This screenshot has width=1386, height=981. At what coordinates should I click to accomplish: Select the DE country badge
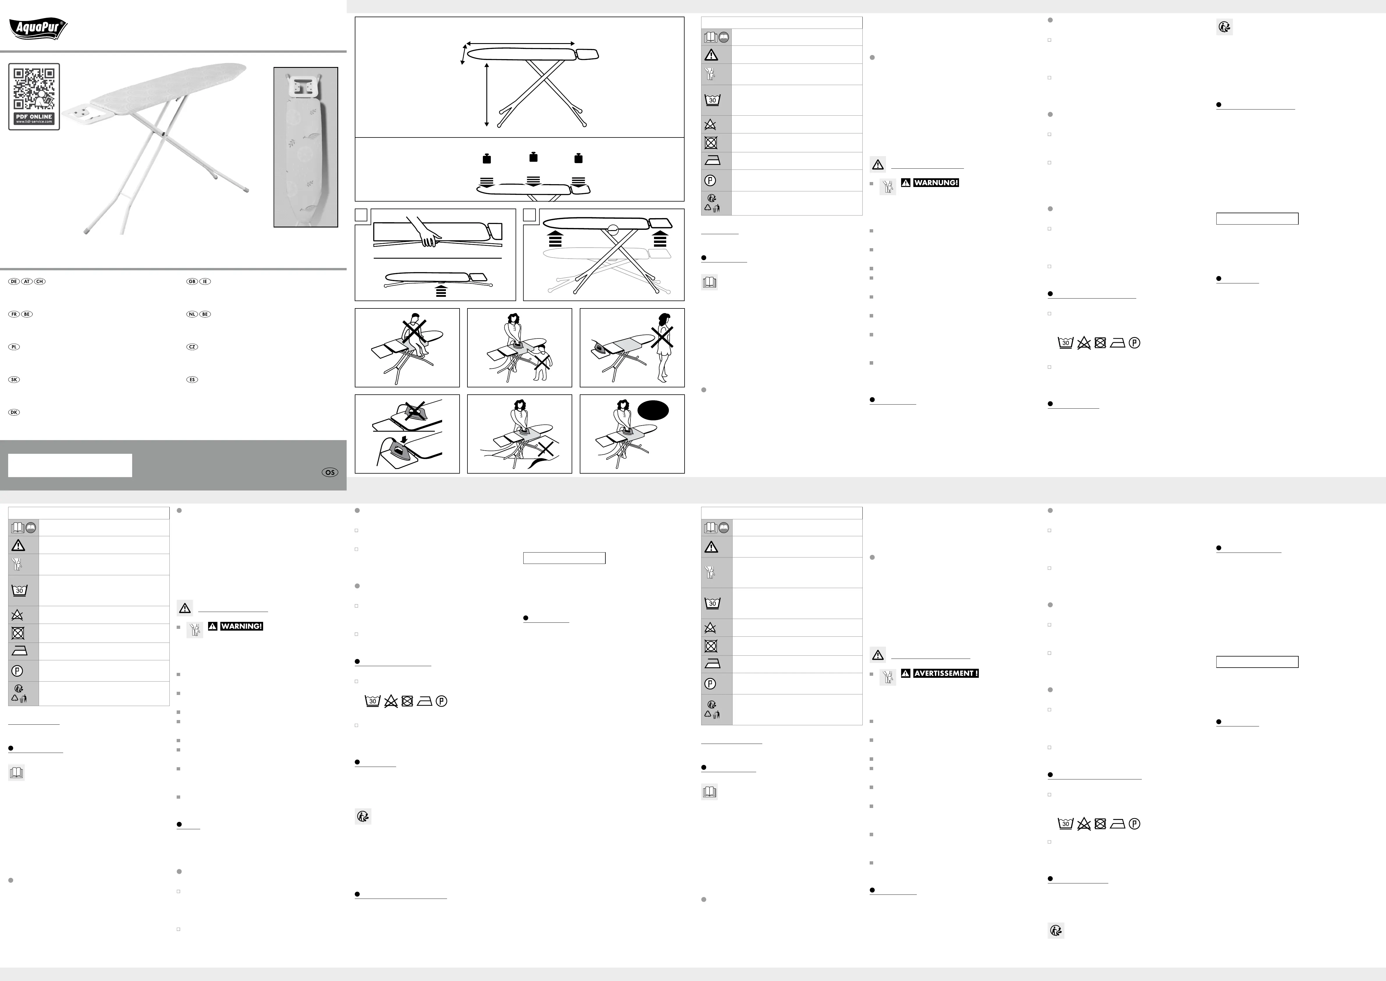coord(14,281)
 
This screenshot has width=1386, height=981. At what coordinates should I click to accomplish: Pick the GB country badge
coord(192,281)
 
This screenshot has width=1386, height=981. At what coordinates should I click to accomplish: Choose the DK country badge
coord(14,412)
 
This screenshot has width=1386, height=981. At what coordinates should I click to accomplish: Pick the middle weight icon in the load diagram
coord(533,157)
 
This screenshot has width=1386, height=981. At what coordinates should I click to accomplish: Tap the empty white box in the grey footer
coord(70,466)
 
